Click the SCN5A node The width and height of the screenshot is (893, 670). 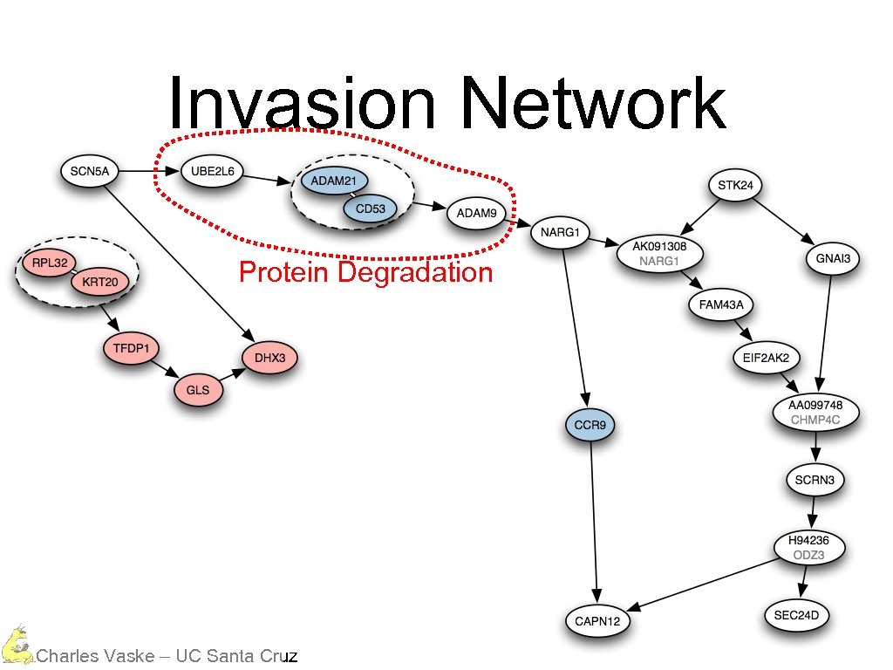pyautogui.click(x=90, y=171)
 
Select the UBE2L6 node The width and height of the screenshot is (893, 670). pyautogui.click(x=212, y=171)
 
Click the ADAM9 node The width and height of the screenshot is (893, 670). pyautogui.click(x=477, y=213)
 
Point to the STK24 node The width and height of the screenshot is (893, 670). pyautogui.click(x=735, y=185)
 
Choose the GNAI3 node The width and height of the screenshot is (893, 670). pyautogui.click(x=833, y=258)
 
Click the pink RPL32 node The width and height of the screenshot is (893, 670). pyautogui.click(x=49, y=262)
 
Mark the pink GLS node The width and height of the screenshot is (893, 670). pyautogui.click(x=198, y=390)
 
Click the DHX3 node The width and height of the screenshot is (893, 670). pyautogui.click(x=270, y=358)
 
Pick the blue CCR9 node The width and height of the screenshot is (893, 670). pyautogui.click(x=590, y=427)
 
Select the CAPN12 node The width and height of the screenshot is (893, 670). pyautogui.click(x=596, y=621)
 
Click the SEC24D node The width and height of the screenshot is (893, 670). pyautogui.click(x=797, y=616)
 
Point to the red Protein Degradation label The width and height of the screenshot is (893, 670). pyautogui.click(x=365, y=273)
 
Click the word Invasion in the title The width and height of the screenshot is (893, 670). pyautogui.click(x=301, y=103)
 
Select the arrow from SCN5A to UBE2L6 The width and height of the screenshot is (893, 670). pyautogui.click(x=149, y=171)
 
